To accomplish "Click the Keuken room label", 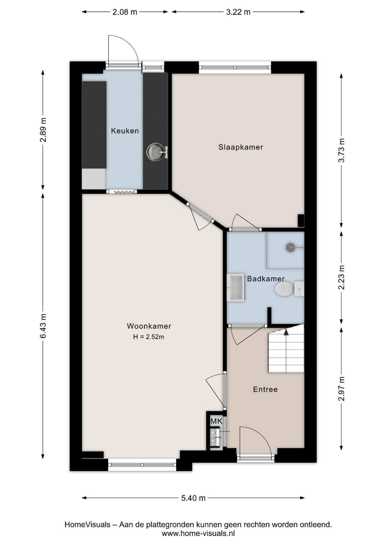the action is point(125,131).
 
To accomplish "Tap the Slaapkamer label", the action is point(241,147).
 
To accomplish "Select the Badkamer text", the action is point(266,279).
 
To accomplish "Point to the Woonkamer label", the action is point(149,326).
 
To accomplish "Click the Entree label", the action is point(265,389).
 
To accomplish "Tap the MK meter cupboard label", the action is point(216,421).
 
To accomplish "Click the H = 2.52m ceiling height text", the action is point(149,337).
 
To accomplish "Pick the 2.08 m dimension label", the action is point(125,12).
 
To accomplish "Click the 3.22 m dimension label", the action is point(238,12).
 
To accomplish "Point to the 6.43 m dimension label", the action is point(43,326).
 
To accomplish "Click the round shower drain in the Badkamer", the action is point(290,247).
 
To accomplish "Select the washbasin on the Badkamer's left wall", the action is point(236,288).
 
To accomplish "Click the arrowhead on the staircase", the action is point(286,331).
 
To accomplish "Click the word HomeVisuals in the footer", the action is point(87,525).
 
